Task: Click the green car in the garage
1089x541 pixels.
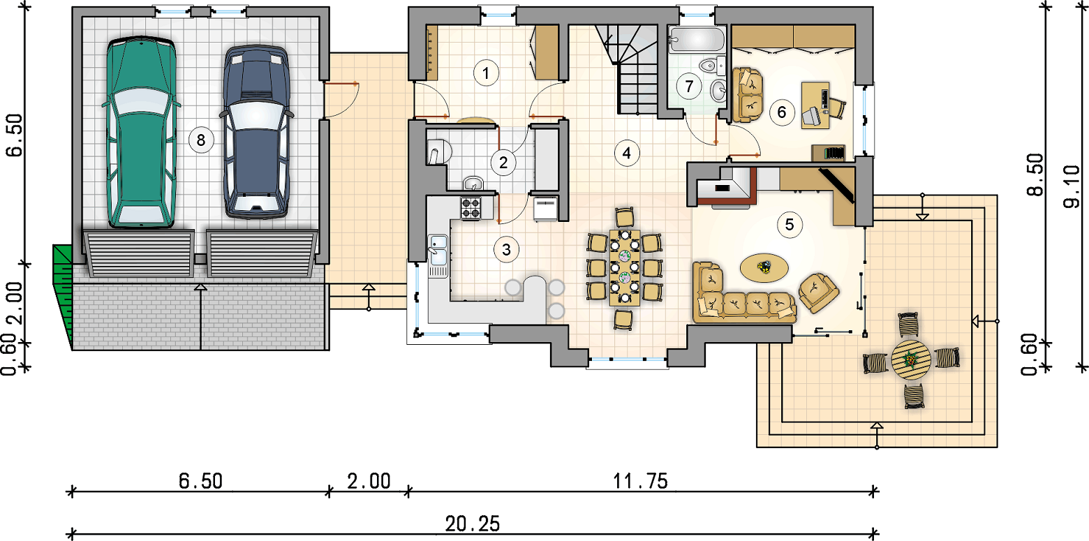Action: (x=141, y=131)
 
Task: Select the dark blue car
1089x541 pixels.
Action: (x=256, y=131)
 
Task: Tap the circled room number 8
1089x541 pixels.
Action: (x=201, y=140)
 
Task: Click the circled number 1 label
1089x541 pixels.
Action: (x=486, y=73)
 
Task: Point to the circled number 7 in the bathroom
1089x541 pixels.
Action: (x=689, y=86)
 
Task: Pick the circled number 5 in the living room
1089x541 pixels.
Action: (x=789, y=225)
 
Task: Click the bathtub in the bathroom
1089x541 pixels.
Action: (x=697, y=39)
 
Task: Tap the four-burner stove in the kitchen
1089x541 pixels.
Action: (x=471, y=208)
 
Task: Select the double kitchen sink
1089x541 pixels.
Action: (x=438, y=256)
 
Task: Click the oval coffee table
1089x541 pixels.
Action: (x=764, y=267)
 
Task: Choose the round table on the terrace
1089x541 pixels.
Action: (x=911, y=360)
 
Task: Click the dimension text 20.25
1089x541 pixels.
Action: (x=472, y=524)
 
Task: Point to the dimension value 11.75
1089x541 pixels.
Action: (x=640, y=481)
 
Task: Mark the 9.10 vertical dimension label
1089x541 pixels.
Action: (x=1071, y=186)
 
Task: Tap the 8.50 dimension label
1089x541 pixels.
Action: (x=1035, y=175)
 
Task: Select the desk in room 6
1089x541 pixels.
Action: (x=815, y=105)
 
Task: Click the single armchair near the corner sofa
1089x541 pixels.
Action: (x=818, y=292)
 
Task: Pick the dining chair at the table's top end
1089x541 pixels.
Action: (x=625, y=217)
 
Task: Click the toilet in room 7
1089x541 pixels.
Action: (x=710, y=66)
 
